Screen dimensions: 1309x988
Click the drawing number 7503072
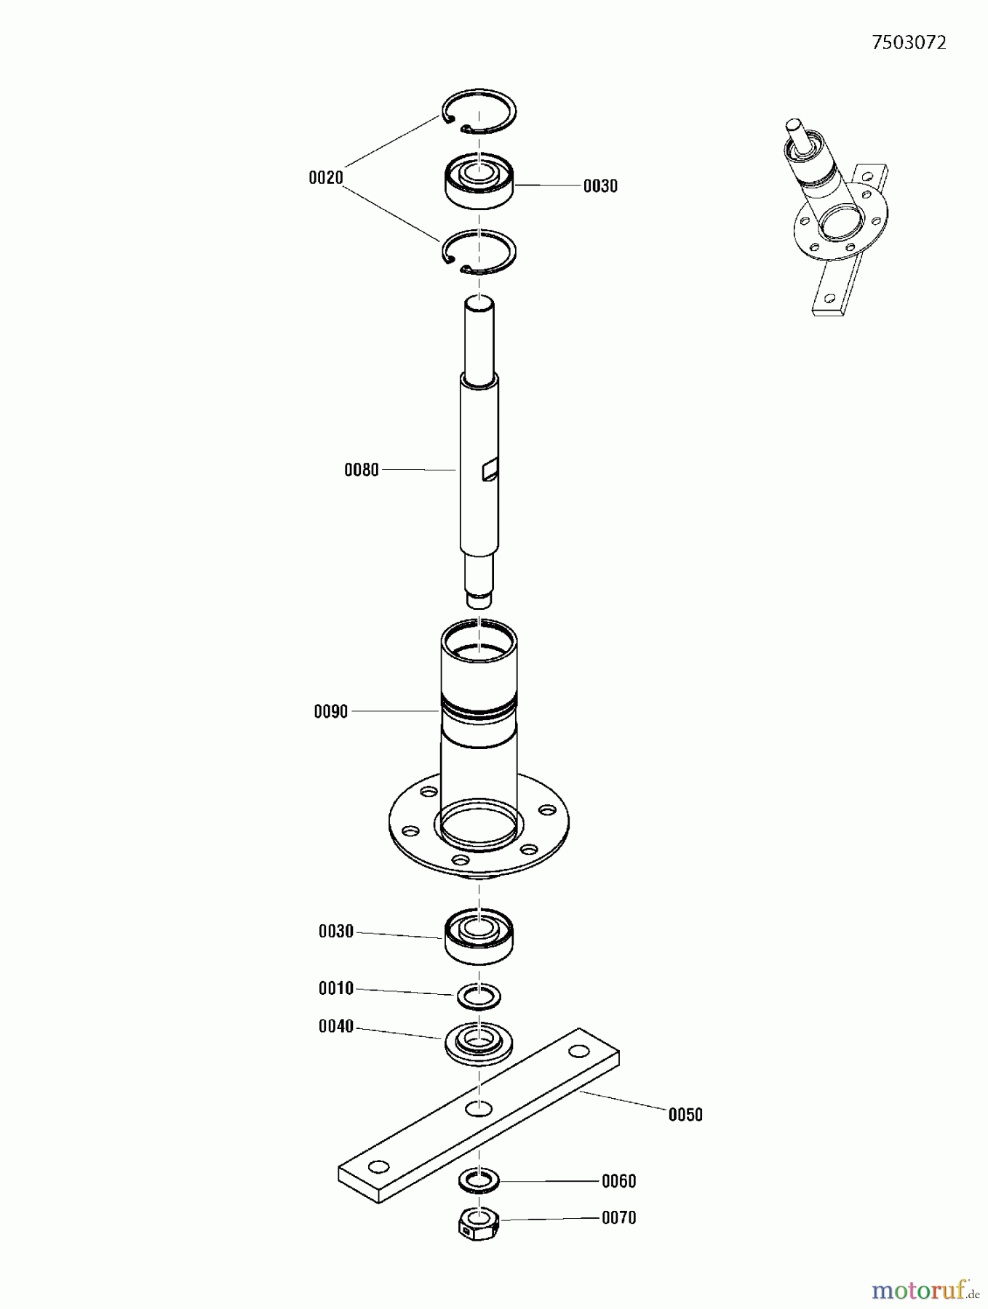909,43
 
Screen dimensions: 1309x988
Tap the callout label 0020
325,177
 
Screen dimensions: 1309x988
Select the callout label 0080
361,470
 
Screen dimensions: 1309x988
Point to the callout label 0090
330,711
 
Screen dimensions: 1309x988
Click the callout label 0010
335,988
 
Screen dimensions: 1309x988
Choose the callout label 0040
335,1026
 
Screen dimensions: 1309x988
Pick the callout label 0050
685,1115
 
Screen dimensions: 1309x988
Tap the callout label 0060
618,1181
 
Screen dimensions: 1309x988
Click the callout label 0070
618,1217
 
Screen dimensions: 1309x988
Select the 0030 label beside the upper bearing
599,186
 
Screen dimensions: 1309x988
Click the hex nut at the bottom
478,1222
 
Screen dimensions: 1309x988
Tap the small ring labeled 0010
479,996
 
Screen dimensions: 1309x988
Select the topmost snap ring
480,113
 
